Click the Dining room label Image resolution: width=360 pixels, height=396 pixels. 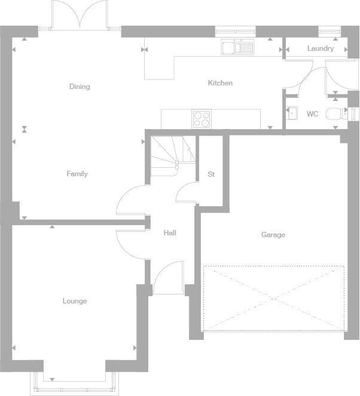pyautogui.click(x=80, y=87)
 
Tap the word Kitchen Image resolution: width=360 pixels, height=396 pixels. pyautogui.click(x=220, y=83)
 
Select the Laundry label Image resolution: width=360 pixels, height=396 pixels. pyautogui.click(x=321, y=48)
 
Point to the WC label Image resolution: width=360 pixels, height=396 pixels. pyautogui.click(x=312, y=113)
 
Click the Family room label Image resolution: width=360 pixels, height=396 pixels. pyautogui.click(x=77, y=174)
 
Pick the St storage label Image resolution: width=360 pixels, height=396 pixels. pyautogui.click(x=211, y=174)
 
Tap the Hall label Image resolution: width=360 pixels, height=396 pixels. pyautogui.click(x=170, y=233)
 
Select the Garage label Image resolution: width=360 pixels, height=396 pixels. pyautogui.click(x=273, y=235)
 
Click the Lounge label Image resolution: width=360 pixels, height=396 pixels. pyautogui.click(x=75, y=301)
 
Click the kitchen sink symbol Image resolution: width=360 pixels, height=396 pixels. pyautogui.click(x=237, y=47)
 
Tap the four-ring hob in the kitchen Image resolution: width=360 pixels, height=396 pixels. pyautogui.click(x=202, y=119)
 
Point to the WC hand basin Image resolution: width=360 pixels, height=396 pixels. pyautogui.click(x=291, y=113)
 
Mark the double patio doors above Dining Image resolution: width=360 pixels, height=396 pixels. pyautogui.click(x=79, y=15)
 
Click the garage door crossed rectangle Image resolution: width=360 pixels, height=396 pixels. pyautogui.click(x=274, y=297)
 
